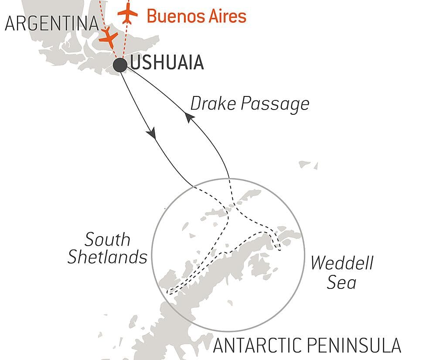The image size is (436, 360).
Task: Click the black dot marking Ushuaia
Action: pos(120,65)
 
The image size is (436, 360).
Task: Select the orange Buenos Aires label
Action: pos(196,16)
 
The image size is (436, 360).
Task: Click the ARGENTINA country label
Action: pos(51,24)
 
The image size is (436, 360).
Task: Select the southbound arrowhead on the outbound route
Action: pos(152,134)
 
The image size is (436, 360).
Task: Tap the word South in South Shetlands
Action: pos(107,240)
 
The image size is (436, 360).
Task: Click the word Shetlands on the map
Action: pos(107,257)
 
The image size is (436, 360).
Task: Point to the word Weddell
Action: pos(342,263)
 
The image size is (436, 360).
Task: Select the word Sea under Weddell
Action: pos(342,282)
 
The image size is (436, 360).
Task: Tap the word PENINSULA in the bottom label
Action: pos(358,346)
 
